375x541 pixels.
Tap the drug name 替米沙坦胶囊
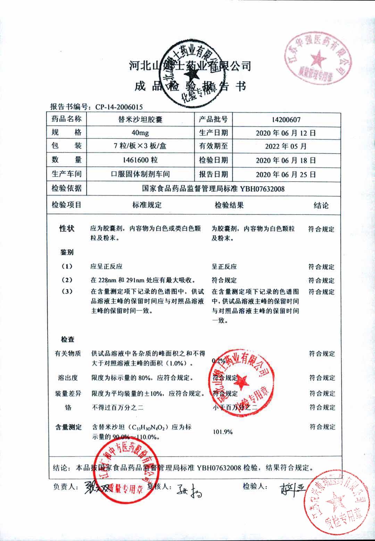(140, 120)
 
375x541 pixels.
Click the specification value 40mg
(140, 133)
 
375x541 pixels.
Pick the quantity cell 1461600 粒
(140, 160)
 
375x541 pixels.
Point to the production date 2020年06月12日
(286, 133)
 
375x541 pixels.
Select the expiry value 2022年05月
(286, 147)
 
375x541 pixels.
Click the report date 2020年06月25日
(286, 174)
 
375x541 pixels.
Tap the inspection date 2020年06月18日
(286, 160)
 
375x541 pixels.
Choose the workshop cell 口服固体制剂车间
(140, 174)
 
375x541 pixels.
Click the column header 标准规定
(147, 205)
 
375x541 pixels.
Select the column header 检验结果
(229, 205)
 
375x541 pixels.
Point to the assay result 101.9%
(223, 432)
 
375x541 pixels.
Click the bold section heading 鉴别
(67, 252)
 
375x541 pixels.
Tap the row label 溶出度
(68, 378)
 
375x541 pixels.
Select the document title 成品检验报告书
(190, 86)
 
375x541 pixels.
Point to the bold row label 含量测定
(68, 427)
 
